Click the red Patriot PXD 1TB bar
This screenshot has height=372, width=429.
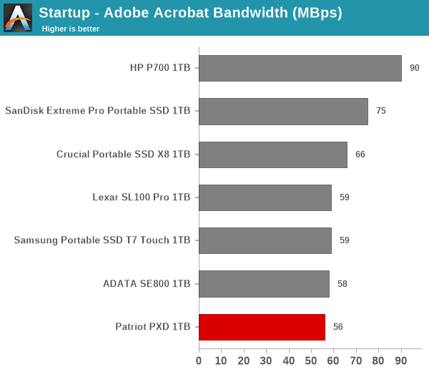[262, 327]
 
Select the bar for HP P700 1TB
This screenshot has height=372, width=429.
[300, 68]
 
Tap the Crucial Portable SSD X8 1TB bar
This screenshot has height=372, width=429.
[273, 155]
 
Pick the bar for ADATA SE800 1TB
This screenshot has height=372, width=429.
[265, 284]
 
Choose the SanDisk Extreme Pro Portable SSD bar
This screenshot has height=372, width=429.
[283, 112]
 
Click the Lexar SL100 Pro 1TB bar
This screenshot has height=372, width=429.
[265, 197]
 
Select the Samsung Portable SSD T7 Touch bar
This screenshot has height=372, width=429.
[265, 240]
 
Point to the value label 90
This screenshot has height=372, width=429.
[415, 68]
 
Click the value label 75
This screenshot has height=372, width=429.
[381, 111]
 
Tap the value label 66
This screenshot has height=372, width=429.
[360, 155]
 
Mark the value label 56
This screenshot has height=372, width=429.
[338, 327]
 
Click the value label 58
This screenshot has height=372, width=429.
[342, 284]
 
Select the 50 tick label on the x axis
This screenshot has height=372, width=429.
[311, 361]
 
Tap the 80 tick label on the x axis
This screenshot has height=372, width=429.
[378, 361]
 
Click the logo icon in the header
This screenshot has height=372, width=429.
[18, 18]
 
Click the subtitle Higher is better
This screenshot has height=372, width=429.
[71, 29]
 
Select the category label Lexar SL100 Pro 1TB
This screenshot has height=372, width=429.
[141, 197]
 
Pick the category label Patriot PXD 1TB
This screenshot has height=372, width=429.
[153, 326]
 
